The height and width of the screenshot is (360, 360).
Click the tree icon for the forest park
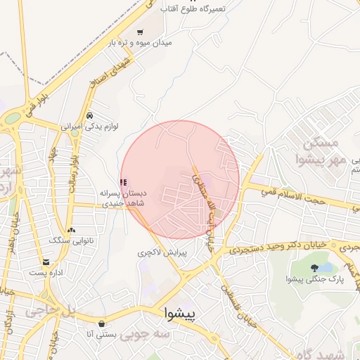click(314, 267)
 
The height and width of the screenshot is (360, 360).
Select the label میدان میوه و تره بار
click(140, 43)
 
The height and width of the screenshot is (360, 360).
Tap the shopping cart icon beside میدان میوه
click(140, 32)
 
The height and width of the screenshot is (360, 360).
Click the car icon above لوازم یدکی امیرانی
click(89, 115)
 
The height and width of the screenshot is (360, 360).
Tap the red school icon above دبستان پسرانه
click(124, 181)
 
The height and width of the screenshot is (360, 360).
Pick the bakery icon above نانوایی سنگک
click(70, 230)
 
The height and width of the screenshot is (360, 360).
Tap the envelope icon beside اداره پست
click(35, 272)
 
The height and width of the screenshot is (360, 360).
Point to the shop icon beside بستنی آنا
click(103, 323)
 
